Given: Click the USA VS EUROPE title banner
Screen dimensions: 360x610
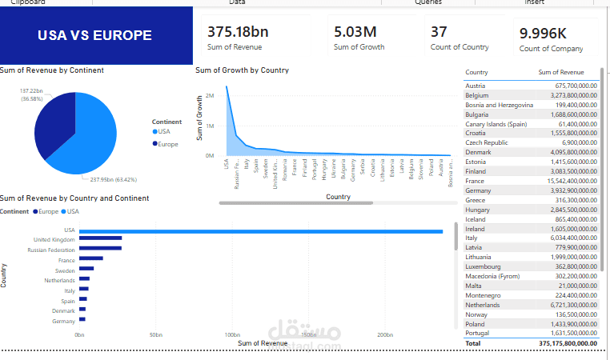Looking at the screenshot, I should [94, 36].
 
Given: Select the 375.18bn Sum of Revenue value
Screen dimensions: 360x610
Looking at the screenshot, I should [239, 32].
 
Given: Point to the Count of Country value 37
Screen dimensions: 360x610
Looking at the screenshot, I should [439, 32].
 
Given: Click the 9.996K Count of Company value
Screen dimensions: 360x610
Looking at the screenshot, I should [544, 33].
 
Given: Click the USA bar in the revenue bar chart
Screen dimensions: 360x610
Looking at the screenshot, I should [260, 232].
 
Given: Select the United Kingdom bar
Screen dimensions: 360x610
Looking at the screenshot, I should [100, 238].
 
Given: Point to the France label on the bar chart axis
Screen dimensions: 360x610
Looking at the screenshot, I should [66, 260].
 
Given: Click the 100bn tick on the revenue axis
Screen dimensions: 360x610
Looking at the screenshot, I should [231, 334].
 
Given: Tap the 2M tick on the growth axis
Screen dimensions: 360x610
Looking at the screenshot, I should [209, 96].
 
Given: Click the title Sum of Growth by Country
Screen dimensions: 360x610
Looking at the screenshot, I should [242, 70].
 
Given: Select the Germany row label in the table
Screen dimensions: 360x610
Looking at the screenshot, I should [478, 190].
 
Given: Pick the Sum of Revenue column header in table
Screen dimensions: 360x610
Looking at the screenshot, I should [566, 73].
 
